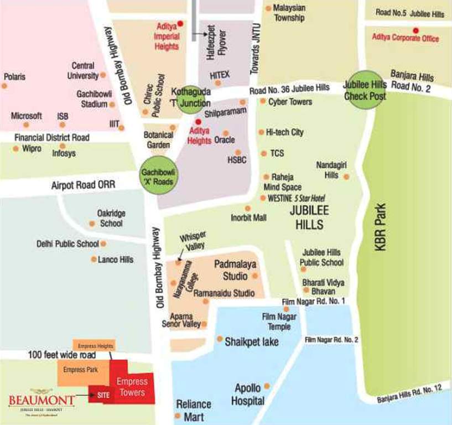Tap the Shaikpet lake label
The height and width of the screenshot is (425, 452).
(251, 342)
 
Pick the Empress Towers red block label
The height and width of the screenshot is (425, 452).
(132, 387)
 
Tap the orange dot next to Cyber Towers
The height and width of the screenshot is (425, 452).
(263, 101)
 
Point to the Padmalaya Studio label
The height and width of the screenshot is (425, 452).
(236, 270)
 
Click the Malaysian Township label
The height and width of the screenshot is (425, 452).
(289, 13)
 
